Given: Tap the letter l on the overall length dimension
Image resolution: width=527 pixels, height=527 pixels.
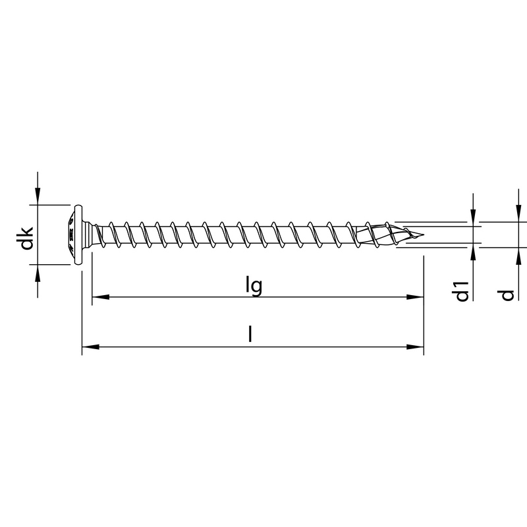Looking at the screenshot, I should tap(250, 335).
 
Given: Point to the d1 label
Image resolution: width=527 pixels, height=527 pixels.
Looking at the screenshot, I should tap(462, 291).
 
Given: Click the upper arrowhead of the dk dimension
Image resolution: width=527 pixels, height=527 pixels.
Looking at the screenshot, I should tap(38, 197).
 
